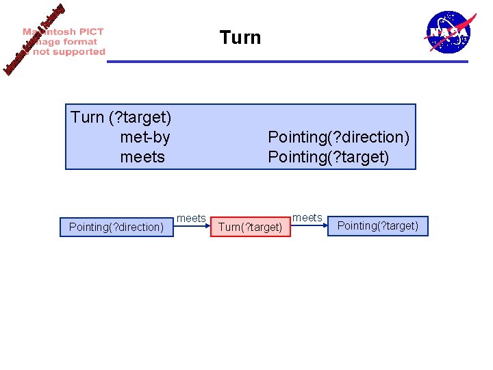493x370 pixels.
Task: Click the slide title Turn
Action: (x=240, y=37)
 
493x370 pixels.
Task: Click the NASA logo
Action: (x=448, y=32)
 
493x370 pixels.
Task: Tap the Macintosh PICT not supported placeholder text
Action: (x=65, y=42)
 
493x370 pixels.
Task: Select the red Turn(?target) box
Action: (x=251, y=227)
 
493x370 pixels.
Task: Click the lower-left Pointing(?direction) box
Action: (x=116, y=227)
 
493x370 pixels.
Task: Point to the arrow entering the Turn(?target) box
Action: (x=194, y=225)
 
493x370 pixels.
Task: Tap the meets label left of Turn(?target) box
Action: (x=191, y=218)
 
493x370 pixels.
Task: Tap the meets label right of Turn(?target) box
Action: (x=307, y=217)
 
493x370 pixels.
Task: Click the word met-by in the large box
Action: (x=144, y=138)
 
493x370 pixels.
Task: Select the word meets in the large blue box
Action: (x=142, y=157)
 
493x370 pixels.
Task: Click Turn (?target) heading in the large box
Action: (x=121, y=118)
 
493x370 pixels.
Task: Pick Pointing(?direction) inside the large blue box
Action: (x=338, y=138)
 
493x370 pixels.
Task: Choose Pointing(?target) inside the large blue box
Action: (x=328, y=157)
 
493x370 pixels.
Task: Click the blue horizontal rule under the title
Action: (x=288, y=62)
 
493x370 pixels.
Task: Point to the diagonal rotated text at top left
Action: (x=34, y=40)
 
